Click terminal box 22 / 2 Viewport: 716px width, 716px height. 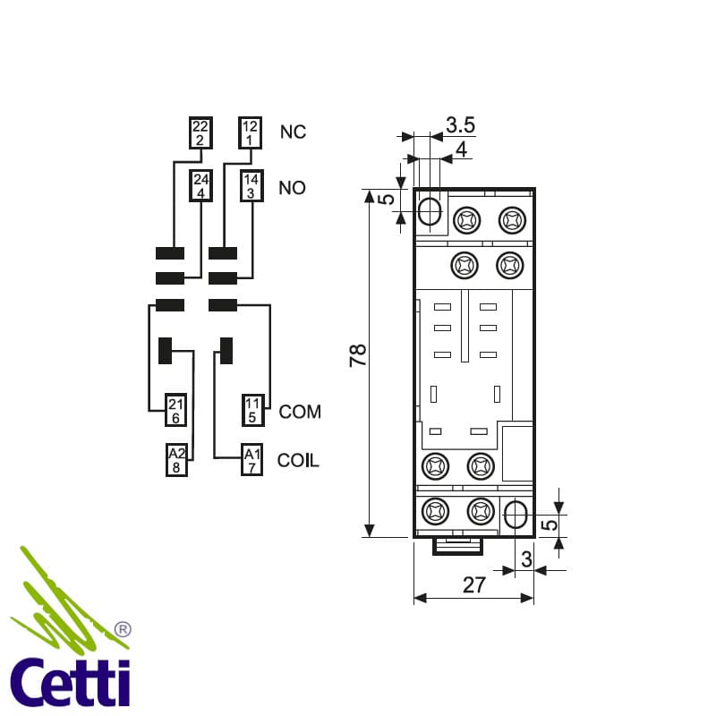(x=200, y=132)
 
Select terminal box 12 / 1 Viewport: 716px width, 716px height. (x=251, y=132)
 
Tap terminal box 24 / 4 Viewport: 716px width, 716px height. (x=200, y=186)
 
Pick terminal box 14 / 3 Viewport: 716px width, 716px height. (x=251, y=186)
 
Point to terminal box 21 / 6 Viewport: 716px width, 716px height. (x=175, y=410)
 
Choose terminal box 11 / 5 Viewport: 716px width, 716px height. (x=253, y=410)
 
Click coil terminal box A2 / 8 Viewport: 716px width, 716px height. (x=176, y=460)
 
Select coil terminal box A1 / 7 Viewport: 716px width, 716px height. (x=252, y=460)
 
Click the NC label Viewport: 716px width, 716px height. (x=293, y=132)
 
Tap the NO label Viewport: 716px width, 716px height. (x=293, y=188)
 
